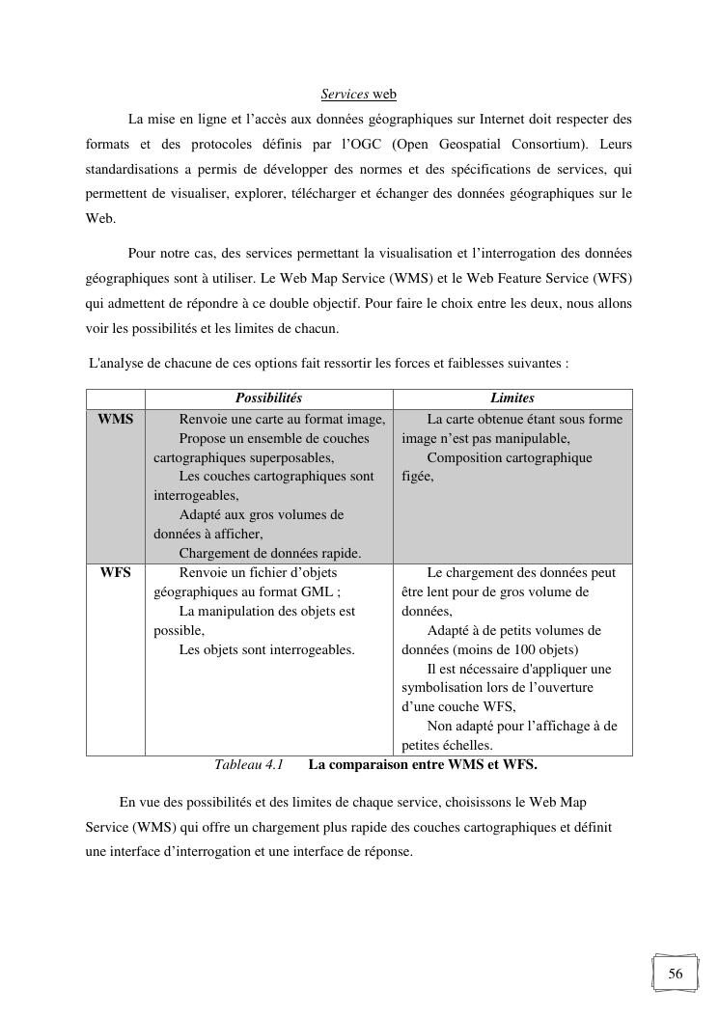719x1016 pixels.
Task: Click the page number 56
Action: [x=676, y=974]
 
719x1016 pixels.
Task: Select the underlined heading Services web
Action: [x=359, y=95]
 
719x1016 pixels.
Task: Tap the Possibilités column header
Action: [x=268, y=398]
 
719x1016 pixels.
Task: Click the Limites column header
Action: [x=512, y=398]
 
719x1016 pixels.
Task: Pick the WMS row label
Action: [x=116, y=419]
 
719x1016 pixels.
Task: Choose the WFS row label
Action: [x=116, y=572]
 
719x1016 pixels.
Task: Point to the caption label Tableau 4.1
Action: [x=248, y=765]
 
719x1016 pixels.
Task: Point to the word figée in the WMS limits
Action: [x=417, y=477]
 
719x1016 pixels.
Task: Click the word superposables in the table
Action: [x=291, y=457]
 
